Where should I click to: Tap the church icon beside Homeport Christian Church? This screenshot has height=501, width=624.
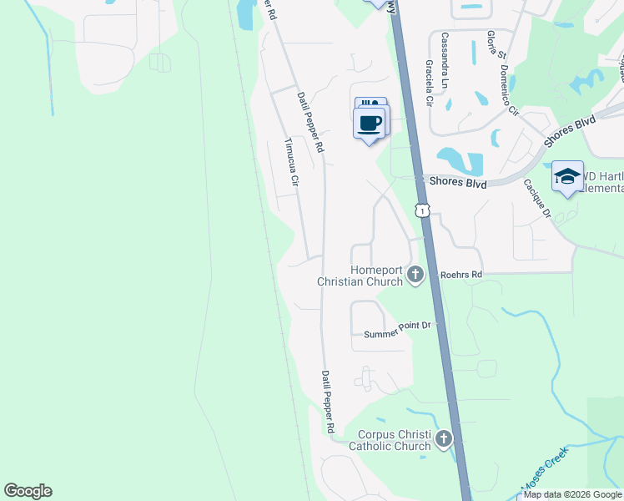coord(415,276)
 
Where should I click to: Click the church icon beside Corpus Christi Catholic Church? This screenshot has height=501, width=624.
coord(443,438)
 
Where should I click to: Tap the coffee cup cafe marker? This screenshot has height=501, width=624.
coord(370,124)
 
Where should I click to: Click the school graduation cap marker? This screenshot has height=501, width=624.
coord(567,176)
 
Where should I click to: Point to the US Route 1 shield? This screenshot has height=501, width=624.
coord(424,210)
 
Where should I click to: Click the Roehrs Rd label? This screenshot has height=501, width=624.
coord(463,274)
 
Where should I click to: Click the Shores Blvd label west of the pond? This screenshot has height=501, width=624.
coord(456,182)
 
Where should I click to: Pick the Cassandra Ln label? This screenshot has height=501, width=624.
coord(445,61)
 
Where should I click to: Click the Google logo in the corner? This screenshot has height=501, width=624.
coord(28,491)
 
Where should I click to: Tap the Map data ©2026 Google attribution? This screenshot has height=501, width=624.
coord(573,494)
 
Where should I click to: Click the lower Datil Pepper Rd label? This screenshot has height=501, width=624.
coord(329,402)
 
